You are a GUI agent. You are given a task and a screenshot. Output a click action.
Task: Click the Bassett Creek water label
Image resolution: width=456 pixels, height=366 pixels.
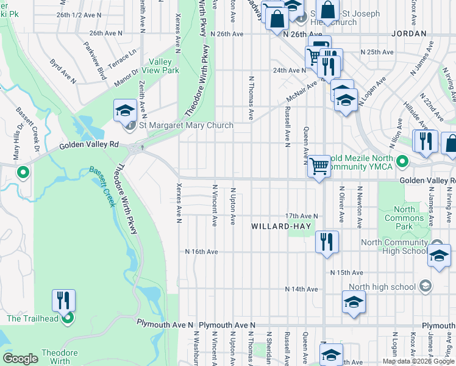click(x=102, y=187)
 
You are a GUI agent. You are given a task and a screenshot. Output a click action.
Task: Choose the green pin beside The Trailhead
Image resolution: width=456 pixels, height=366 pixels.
click(x=68, y=318)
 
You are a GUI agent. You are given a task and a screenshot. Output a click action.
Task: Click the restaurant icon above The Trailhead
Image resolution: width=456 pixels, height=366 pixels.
click(x=63, y=301)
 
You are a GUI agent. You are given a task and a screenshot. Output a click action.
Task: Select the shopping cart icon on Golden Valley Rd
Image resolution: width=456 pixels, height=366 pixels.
click(x=319, y=166)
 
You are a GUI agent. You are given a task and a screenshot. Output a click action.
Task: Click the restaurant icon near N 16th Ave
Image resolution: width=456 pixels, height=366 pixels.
click(x=327, y=242)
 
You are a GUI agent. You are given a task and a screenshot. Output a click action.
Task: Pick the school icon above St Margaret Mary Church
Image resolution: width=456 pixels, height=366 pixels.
click(x=125, y=110)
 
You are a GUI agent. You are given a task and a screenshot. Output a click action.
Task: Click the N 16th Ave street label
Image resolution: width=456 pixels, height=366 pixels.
click(x=201, y=251)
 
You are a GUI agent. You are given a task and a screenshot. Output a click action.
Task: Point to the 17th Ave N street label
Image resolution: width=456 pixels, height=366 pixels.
click(x=302, y=216)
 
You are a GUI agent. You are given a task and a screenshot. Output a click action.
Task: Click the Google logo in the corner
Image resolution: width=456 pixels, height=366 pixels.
click(x=21, y=359)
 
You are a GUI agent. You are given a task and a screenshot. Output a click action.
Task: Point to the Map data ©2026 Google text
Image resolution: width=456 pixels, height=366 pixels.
click(x=418, y=361)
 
